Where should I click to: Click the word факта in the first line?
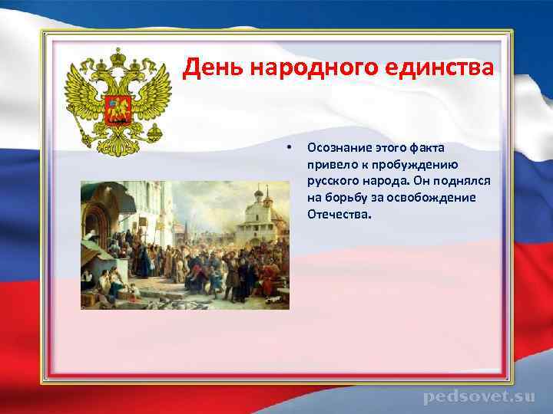(x=438, y=146)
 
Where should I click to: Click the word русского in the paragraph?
(x=330, y=180)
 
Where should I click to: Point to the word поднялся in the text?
(x=464, y=180)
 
